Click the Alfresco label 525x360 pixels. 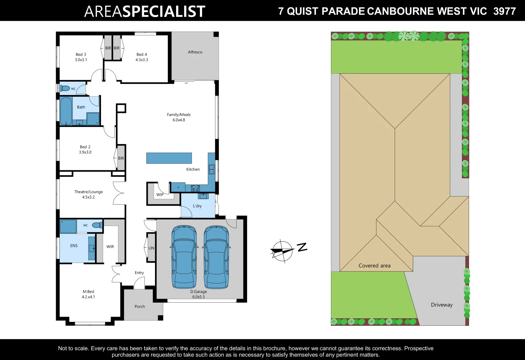pyautogui.click(x=195, y=52)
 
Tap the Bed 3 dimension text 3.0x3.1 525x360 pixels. pyautogui.click(x=81, y=60)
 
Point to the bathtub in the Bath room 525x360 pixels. pyautogui.click(x=66, y=111)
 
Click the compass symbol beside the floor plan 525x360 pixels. pyautogui.click(x=282, y=251)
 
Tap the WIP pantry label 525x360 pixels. pyautogui.click(x=160, y=195)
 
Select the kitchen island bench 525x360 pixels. pyautogui.click(x=169, y=158)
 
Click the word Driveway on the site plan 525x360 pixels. pyautogui.click(x=441, y=305)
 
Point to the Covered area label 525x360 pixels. pyautogui.click(x=374, y=266)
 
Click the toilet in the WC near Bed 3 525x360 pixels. pyautogui.click(x=64, y=88)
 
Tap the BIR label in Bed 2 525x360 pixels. pyautogui.click(x=121, y=158)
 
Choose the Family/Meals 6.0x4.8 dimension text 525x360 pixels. pyautogui.click(x=178, y=120)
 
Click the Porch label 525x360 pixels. pyautogui.click(x=139, y=307)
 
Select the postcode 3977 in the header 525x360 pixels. pyautogui.click(x=504, y=11)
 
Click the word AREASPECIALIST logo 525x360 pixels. pyautogui.click(x=144, y=11)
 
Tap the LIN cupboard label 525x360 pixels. pyautogui.click(x=151, y=248)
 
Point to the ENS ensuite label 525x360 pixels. pyautogui.click(x=74, y=246)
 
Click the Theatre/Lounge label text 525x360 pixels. pyautogui.click(x=88, y=192)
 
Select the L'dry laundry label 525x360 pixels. pyautogui.click(x=197, y=206)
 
